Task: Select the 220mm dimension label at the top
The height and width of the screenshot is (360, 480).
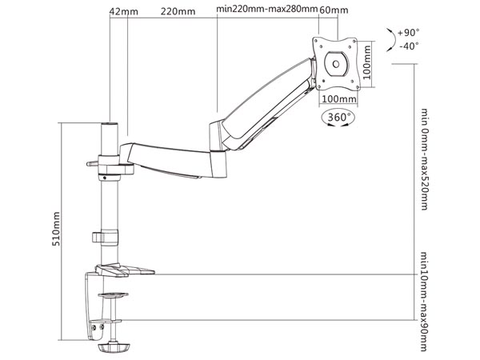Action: pyautogui.click(x=178, y=12)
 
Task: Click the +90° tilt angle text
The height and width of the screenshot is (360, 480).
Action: pyautogui.click(x=408, y=33)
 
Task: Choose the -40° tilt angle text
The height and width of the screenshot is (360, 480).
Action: pyautogui.click(x=408, y=47)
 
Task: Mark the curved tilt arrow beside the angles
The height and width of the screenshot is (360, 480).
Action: pyautogui.click(x=390, y=39)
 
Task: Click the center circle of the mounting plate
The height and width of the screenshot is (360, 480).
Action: pyautogui.click(x=336, y=62)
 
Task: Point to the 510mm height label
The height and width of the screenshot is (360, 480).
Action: pyautogui.click(x=55, y=228)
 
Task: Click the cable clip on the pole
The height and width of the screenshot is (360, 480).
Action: pyautogui.click(x=102, y=237)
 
